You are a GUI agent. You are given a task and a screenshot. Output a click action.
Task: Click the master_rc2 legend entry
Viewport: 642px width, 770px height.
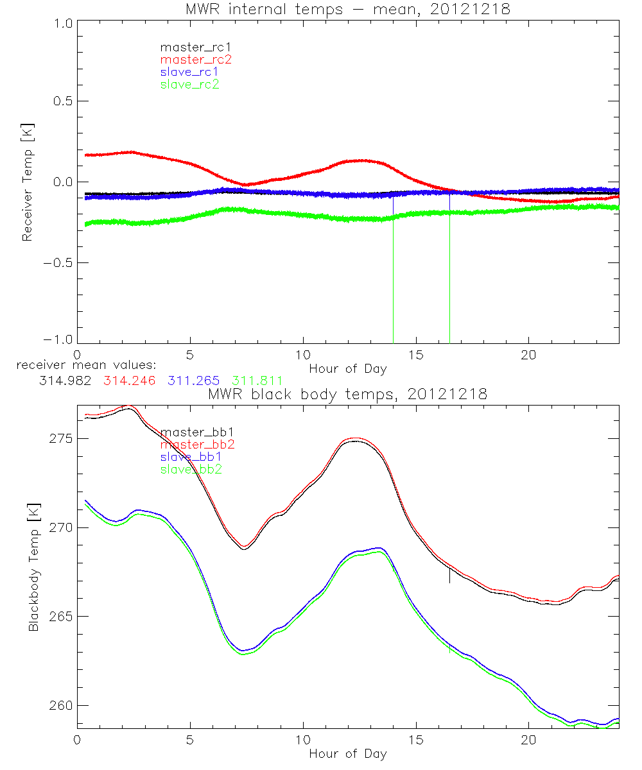point(196,59)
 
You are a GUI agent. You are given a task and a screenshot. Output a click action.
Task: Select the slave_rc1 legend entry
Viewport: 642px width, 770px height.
point(191,71)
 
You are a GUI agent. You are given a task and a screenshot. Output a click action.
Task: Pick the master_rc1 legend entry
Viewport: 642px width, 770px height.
point(195,47)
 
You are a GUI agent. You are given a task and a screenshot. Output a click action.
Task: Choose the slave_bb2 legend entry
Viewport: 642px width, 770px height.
point(193,470)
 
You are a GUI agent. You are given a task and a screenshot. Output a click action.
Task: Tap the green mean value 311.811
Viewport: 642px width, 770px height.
point(256,380)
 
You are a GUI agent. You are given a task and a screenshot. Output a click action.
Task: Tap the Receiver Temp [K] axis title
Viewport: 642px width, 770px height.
point(27,182)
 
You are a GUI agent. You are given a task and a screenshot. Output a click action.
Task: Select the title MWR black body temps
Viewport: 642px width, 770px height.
point(348,394)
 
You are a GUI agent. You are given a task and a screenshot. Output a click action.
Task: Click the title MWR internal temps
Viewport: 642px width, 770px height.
point(348,9)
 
